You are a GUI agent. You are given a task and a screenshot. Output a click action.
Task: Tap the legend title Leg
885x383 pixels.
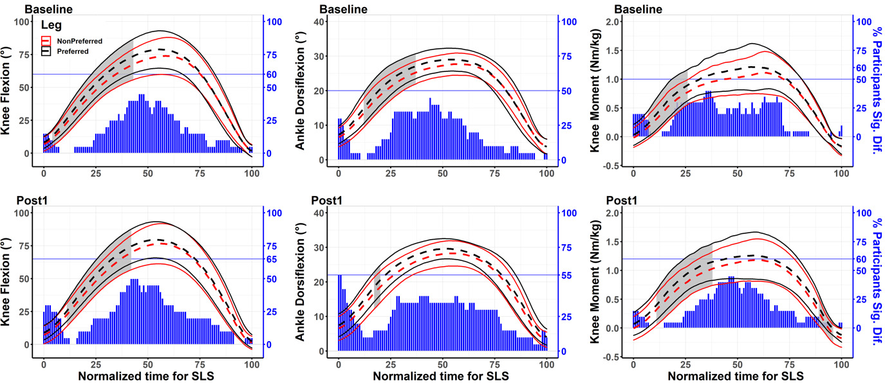[x=51, y=26]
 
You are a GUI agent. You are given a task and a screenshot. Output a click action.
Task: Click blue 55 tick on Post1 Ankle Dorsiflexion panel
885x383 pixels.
[x=566, y=275]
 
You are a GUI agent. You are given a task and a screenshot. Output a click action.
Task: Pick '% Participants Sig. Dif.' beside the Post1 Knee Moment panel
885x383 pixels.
[x=876, y=280]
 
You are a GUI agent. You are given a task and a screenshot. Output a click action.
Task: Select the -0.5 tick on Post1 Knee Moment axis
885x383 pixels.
[x=609, y=357]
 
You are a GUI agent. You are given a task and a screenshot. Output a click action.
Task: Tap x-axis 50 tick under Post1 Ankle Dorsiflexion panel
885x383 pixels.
[x=442, y=362]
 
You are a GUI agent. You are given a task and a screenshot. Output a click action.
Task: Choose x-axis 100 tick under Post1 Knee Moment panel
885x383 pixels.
[x=841, y=362]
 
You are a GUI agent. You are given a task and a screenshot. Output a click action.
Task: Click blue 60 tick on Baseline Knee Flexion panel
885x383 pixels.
[x=272, y=75]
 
